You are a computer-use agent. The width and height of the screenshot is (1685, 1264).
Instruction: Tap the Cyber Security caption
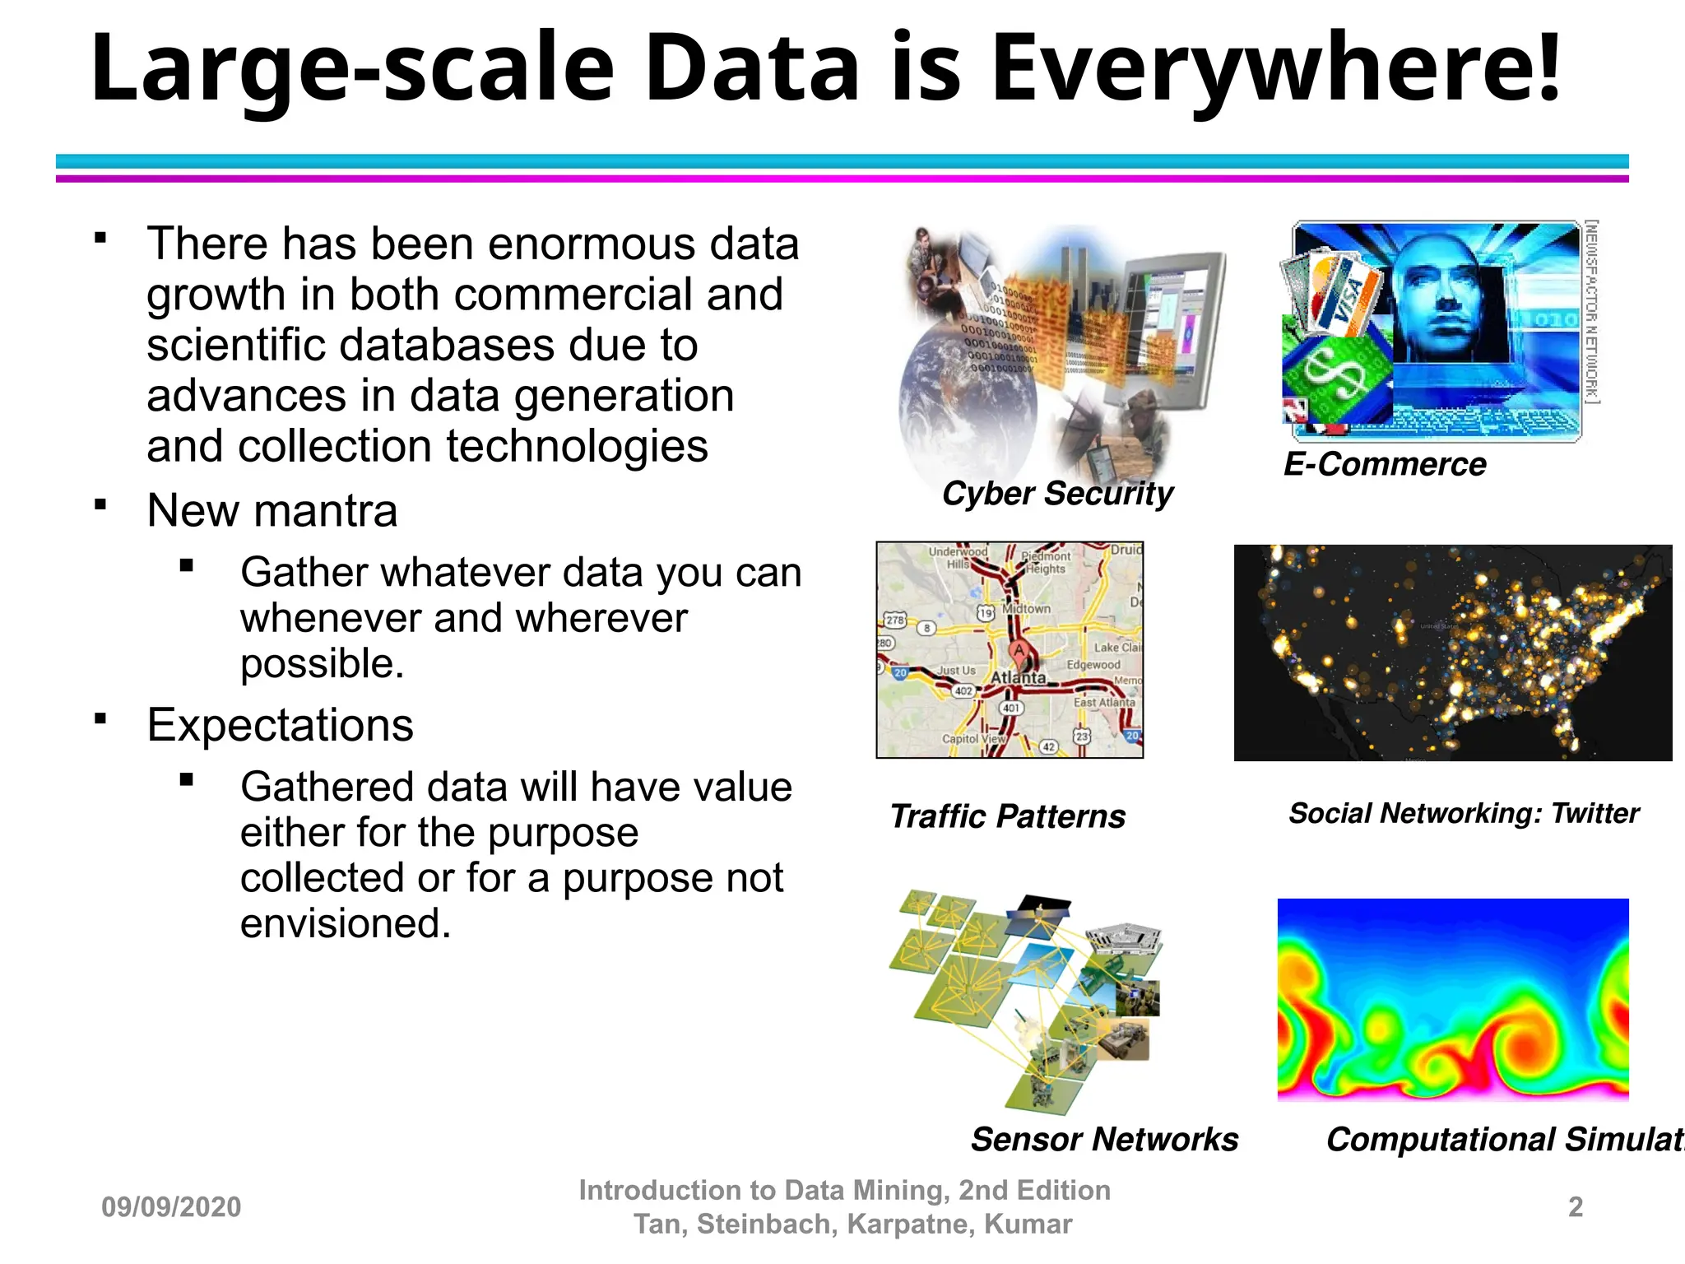click(x=1057, y=494)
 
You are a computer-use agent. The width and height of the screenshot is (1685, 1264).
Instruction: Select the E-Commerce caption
click(x=1385, y=464)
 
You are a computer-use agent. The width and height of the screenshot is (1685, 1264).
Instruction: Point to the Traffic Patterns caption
click(x=1007, y=816)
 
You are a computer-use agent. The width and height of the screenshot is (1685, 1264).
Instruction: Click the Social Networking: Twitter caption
click(x=1464, y=813)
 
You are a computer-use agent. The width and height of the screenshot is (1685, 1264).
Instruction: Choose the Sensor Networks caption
click(x=1104, y=1139)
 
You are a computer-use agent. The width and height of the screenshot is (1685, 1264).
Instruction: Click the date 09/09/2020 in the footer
click(x=171, y=1207)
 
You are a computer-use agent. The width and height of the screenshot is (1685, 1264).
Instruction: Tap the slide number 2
click(x=1575, y=1206)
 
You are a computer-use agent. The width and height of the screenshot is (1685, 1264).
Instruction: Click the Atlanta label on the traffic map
click(x=1018, y=677)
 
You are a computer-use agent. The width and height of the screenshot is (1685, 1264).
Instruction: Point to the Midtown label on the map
click(x=1026, y=609)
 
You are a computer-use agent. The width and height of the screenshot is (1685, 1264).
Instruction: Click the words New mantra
click(x=272, y=510)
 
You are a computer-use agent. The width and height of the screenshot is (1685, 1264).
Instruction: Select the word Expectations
click(x=280, y=725)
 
